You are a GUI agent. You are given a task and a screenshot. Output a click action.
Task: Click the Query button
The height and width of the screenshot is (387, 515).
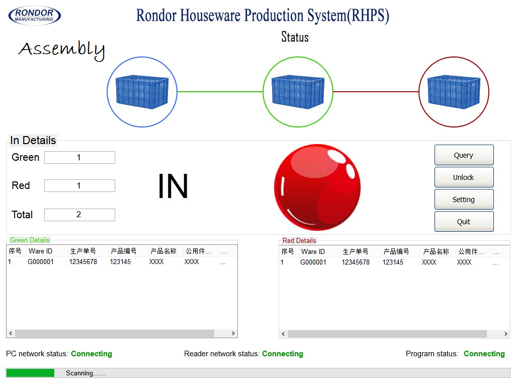pos(464,155)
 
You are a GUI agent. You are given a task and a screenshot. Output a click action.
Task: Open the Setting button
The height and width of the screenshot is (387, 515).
pos(464,200)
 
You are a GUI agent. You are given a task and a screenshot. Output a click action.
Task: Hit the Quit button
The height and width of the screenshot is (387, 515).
pos(464,222)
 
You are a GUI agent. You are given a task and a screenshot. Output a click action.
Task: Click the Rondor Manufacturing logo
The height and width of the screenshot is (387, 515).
pos(35,16)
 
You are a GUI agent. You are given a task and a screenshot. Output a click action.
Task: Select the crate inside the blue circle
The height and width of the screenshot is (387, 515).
pos(142,92)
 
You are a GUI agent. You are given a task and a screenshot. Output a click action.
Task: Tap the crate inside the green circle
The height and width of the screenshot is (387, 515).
pos(298,92)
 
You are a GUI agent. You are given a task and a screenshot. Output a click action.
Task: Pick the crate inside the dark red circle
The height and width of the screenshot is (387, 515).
pos(454,92)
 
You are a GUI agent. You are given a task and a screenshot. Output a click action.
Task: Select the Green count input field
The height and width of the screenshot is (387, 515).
pos(79,158)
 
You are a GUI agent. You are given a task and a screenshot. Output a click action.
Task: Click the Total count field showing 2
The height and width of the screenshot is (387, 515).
pos(79,215)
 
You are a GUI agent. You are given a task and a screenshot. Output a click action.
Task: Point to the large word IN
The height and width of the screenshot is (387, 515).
pos(173,186)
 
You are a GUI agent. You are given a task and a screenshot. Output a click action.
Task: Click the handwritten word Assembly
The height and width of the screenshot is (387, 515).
pos(61,49)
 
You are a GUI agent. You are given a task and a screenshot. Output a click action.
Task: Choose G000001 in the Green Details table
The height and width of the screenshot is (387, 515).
pos(41,262)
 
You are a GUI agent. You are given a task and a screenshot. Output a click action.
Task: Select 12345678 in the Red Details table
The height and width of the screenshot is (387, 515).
pos(356,263)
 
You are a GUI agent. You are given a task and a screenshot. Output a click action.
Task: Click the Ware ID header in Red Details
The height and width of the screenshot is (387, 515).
pos(313,251)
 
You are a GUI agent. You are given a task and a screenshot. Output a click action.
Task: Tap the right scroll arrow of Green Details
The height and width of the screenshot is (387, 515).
pos(233,334)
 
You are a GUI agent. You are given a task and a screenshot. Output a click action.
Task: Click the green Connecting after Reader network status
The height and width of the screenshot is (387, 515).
pos(283,354)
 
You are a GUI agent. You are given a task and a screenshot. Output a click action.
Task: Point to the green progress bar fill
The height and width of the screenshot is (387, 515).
pos(30,373)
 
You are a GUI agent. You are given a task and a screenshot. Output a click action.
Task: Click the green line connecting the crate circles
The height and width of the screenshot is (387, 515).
pos(220,92)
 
